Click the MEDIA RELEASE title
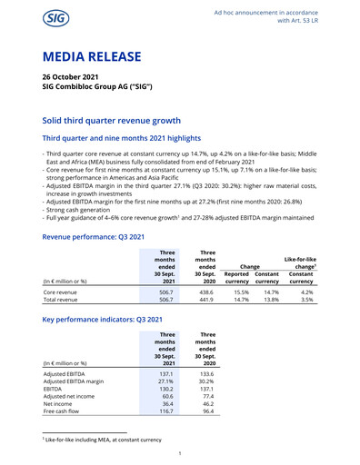click(x=92, y=57)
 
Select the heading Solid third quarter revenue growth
click(x=125, y=121)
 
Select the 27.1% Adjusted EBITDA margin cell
click(x=162, y=383)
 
